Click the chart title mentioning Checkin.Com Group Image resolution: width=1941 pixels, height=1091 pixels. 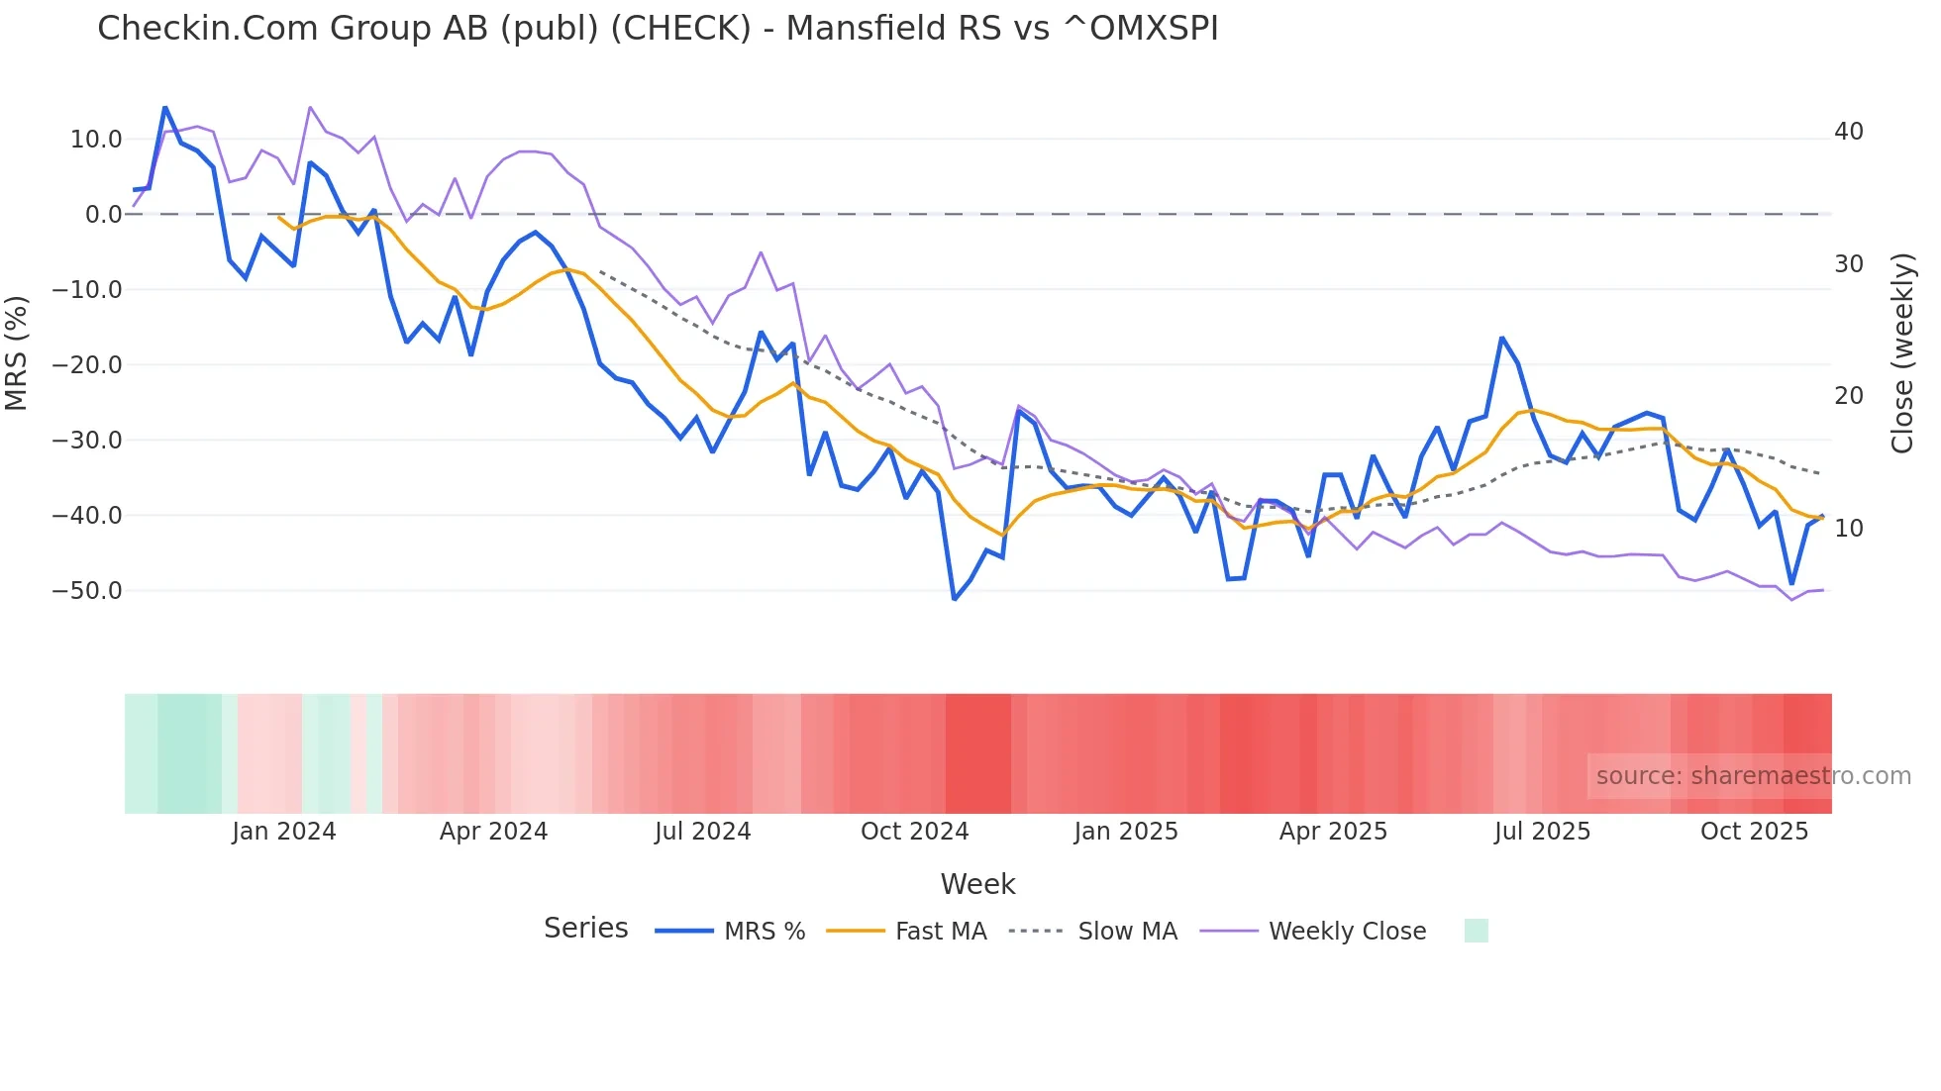658,29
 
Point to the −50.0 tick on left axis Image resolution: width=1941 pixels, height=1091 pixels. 87,591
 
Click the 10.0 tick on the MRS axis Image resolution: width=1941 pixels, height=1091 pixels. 96,140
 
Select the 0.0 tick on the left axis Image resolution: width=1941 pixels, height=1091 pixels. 103,215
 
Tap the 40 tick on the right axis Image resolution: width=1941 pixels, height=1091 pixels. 1848,132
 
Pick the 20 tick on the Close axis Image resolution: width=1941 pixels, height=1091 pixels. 1848,396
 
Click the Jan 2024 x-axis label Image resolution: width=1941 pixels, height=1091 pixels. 284,832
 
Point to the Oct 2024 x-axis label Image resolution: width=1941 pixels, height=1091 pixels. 914,832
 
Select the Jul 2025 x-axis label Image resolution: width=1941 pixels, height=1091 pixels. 1542,832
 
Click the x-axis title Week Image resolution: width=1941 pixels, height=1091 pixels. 977,884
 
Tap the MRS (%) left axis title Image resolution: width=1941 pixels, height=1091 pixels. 17,353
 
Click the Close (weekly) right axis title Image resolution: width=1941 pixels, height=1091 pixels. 1901,353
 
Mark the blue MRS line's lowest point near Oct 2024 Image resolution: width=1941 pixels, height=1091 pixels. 955,599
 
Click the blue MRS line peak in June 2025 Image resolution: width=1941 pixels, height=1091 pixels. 1501,339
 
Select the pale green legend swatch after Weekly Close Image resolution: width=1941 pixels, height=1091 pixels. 1476,931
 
